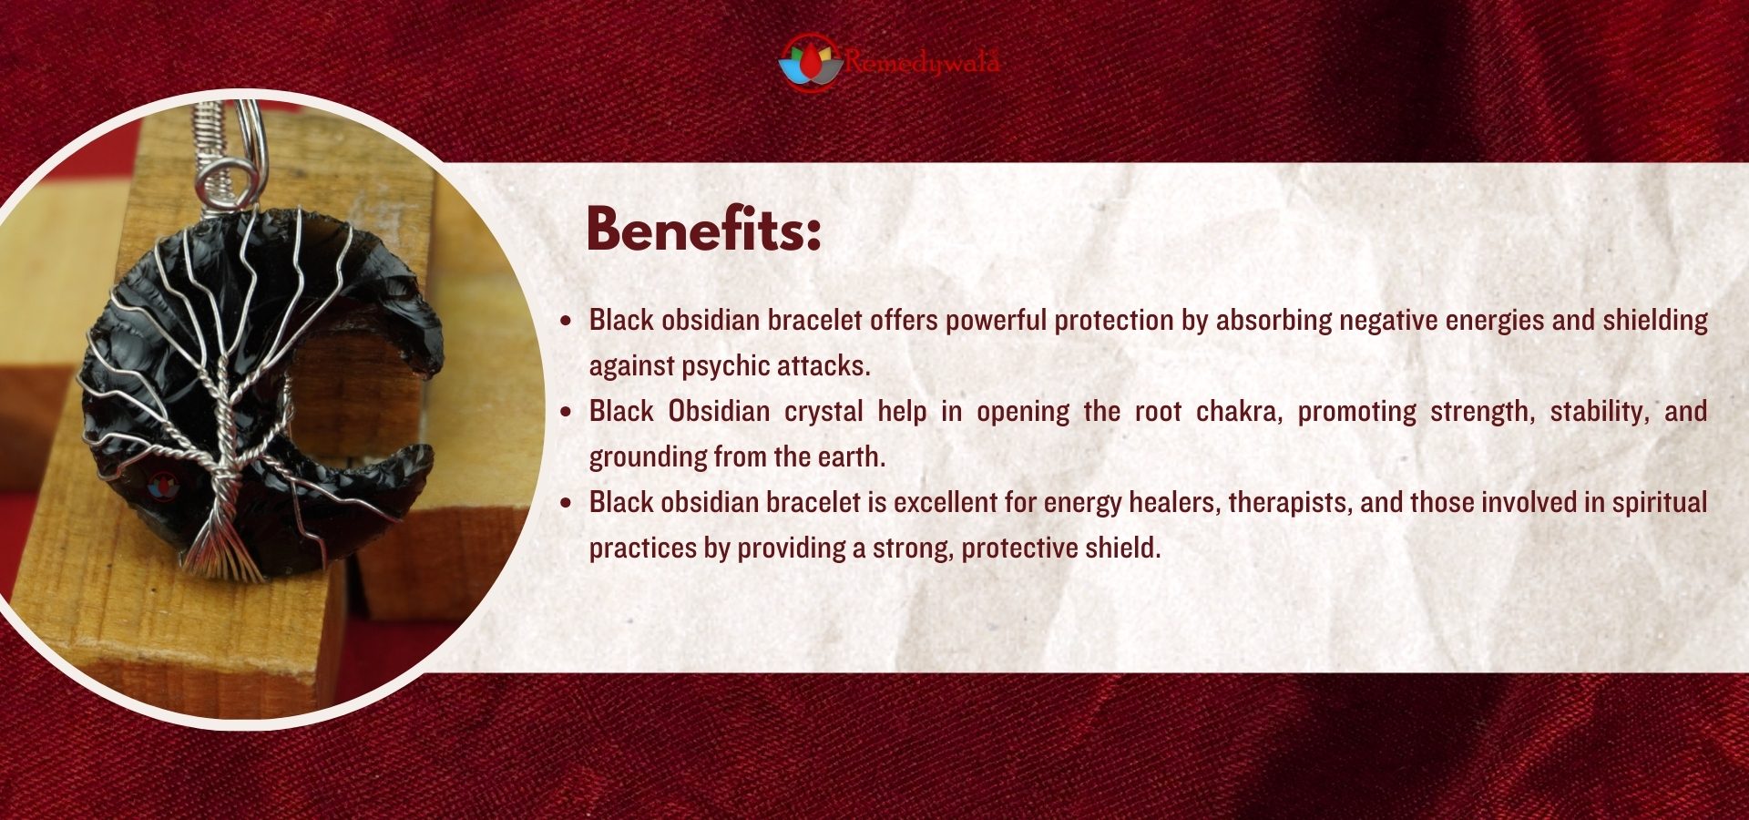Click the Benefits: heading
703,229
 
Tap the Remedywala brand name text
922,62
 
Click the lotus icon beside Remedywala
810,62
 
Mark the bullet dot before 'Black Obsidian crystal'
567,412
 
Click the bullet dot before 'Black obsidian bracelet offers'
567,321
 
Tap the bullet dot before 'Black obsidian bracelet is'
567,503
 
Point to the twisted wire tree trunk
224,437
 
